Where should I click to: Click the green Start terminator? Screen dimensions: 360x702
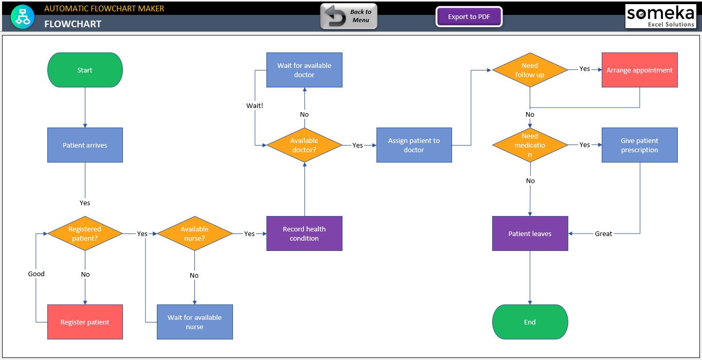click(x=85, y=70)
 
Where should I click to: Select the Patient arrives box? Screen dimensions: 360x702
click(x=85, y=145)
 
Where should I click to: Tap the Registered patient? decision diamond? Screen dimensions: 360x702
click(x=85, y=233)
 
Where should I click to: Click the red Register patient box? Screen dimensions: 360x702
click(x=85, y=322)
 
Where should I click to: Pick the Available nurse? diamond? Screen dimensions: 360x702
click(x=194, y=233)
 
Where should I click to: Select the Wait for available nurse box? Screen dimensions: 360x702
click(x=194, y=322)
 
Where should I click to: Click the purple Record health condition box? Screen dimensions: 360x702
click(x=304, y=233)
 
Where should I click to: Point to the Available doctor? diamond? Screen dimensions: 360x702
click(x=304, y=145)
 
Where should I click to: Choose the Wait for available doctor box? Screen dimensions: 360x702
click(x=304, y=70)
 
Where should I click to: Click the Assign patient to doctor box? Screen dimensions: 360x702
click(x=414, y=145)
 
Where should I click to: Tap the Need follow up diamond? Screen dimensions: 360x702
click(x=530, y=70)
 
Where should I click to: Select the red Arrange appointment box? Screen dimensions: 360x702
click(x=639, y=70)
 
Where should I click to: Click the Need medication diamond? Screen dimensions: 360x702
click(x=530, y=145)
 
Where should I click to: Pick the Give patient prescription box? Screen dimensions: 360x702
click(x=639, y=145)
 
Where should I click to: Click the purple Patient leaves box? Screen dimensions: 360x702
click(x=530, y=233)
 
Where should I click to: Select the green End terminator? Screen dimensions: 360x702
click(x=530, y=322)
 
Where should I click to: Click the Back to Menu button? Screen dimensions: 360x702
click(x=349, y=16)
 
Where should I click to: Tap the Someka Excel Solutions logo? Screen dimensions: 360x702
click(x=660, y=16)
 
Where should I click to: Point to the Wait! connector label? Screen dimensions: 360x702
click(x=255, y=105)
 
